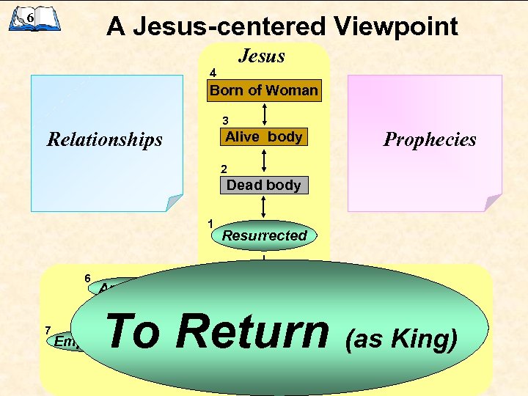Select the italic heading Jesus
(x=262, y=56)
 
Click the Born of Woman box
(x=264, y=91)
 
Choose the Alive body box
(x=263, y=137)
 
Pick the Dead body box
(x=264, y=186)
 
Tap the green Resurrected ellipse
(x=264, y=235)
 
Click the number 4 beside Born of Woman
(x=213, y=73)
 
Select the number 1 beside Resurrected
(x=210, y=223)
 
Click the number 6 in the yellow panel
(x=87, y=279)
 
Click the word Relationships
(x=105, y=139)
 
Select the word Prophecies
(x=430, y=139)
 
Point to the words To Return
(x=218, y=331)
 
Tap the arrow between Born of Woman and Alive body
(x=265, y=114)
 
